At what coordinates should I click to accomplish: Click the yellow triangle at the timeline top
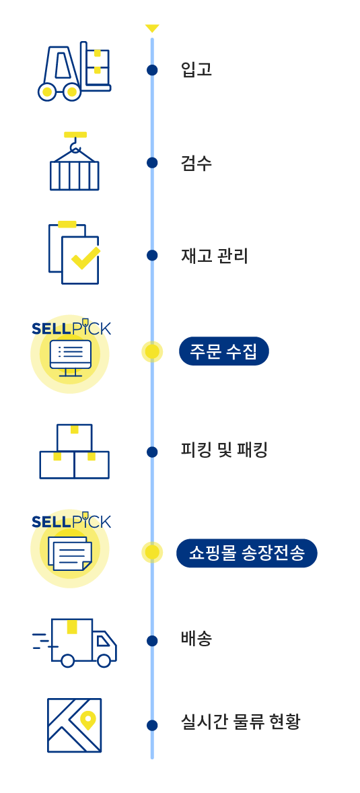coord(152,28)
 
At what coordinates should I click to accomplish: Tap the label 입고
coord(196,69)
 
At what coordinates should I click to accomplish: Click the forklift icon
coord(74,71)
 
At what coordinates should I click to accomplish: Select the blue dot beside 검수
coord(152,163)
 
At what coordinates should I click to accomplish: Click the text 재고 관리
coord(215,256)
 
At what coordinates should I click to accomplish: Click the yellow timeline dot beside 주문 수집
coord(152,352)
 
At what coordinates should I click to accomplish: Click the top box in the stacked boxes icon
coord(74,438)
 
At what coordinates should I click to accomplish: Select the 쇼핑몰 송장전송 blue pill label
coord(246,553)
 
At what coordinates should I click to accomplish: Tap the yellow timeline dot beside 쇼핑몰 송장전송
coord(152,553)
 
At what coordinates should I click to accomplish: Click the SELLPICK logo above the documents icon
coord(71,521)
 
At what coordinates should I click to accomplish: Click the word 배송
coord(196,639)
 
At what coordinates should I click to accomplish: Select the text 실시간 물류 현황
coord(241,722)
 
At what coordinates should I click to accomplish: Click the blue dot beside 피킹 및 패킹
coord(152,452)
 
